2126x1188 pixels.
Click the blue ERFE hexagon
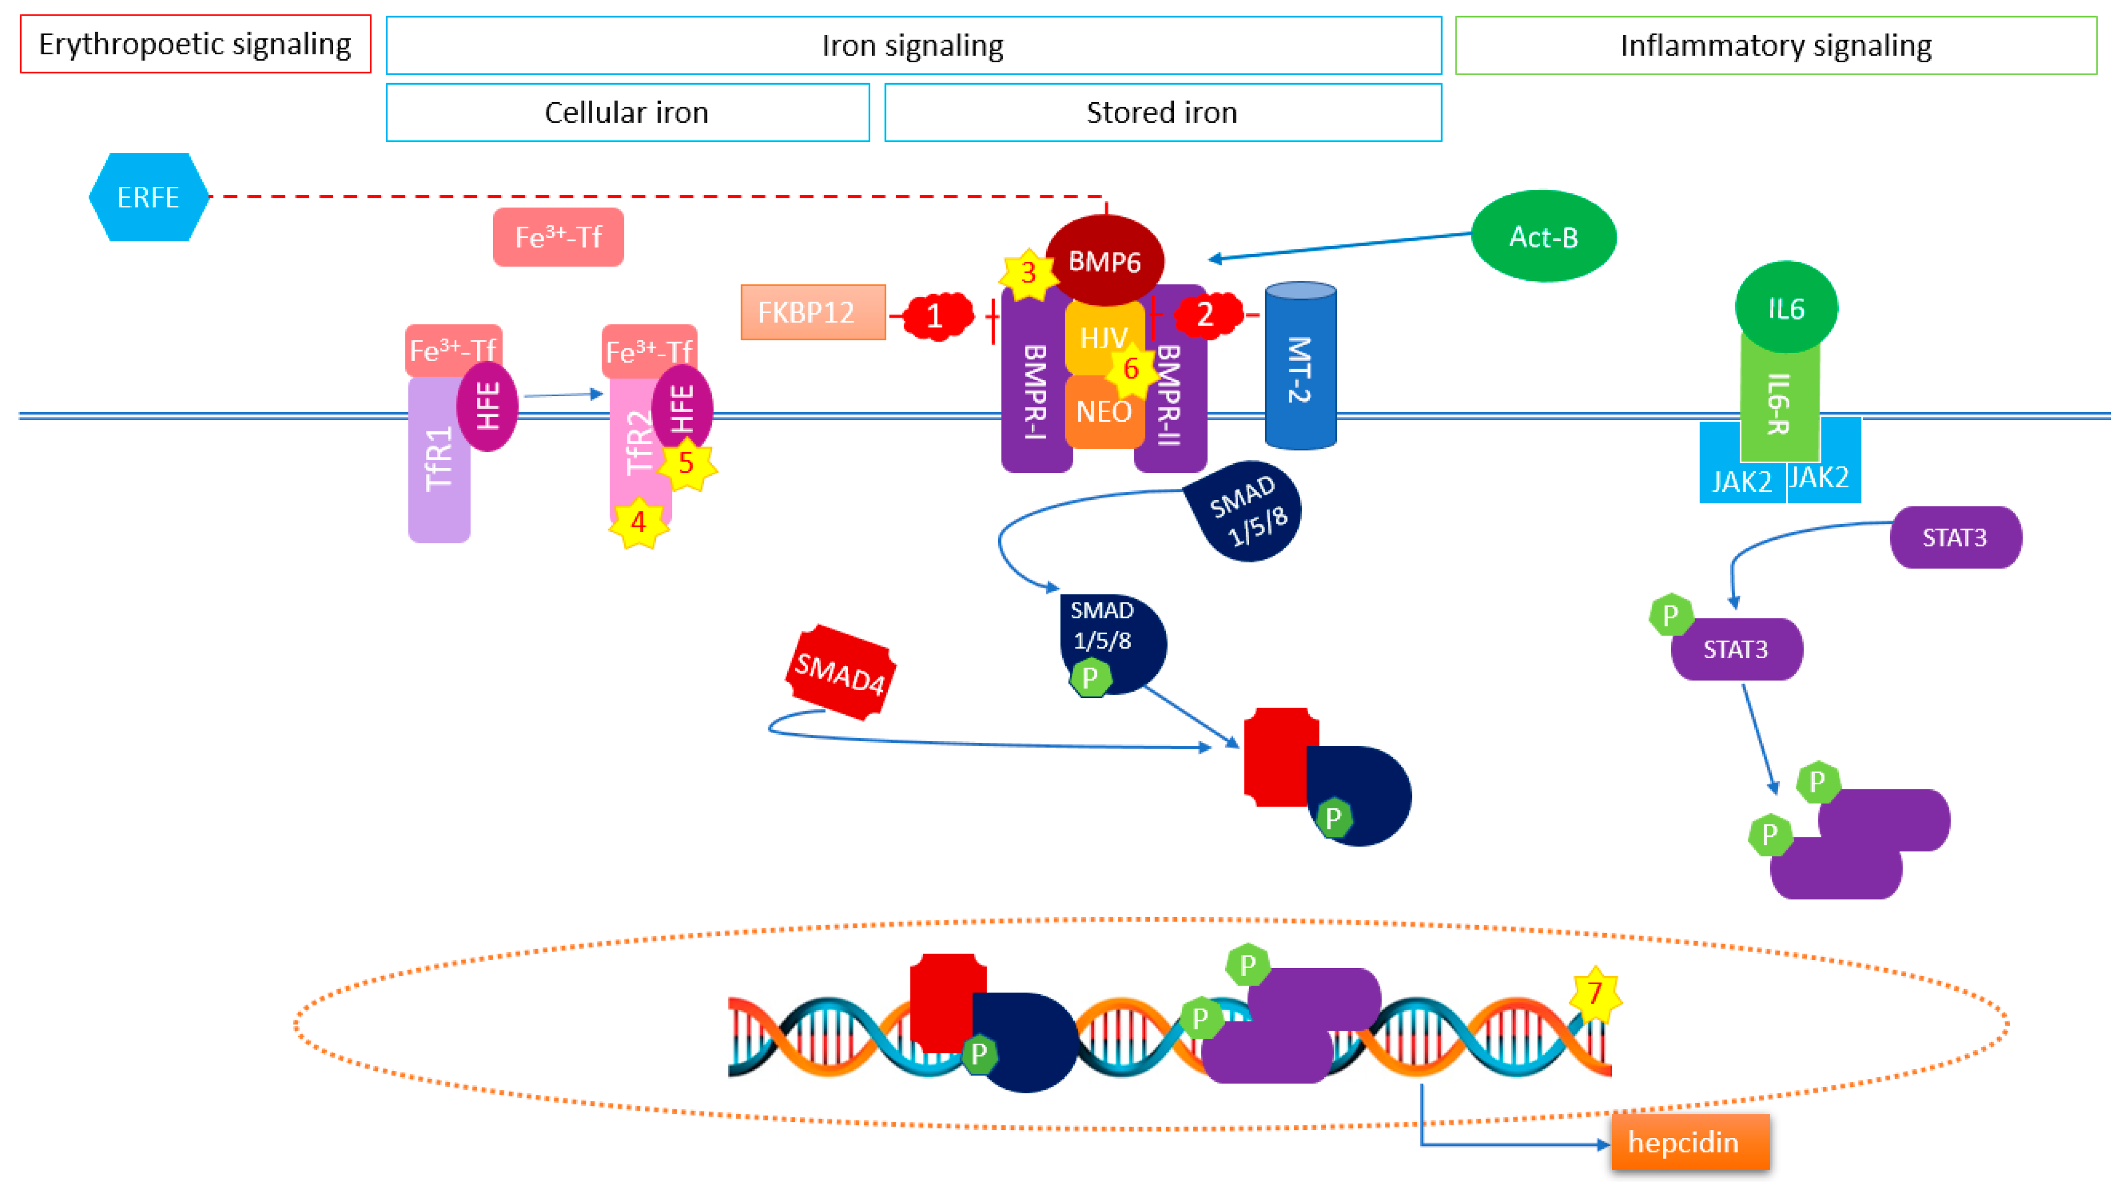pos(148,197)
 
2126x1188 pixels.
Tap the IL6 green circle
pos(1786,308)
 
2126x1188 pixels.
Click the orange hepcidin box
pos(1690,1142)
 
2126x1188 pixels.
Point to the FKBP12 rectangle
pos(812,313)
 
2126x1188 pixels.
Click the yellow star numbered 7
pos(1594,993)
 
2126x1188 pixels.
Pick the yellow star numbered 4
pos(638,522)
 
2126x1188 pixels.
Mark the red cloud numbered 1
pos(936,315)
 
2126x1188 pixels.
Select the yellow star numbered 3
pos(1028,273)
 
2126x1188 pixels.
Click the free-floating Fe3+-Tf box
pos(558,237)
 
